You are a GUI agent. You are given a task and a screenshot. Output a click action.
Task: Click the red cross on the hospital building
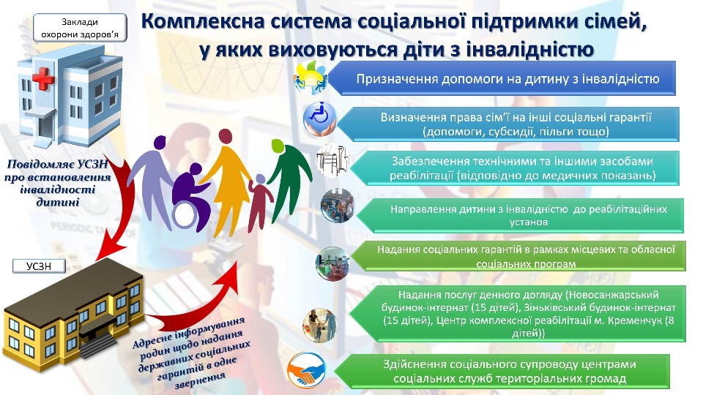(x=43, y=79)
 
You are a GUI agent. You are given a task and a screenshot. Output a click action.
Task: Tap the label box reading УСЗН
(x=39, y=266)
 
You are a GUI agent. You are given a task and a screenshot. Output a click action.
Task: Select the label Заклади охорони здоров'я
(x=80, y=28)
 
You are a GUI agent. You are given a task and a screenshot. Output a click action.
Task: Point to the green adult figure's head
(x=278, y=146)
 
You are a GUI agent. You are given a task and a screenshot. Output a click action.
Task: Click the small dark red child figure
(x=259, y=203)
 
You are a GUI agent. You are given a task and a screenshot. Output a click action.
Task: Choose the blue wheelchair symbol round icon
(x=320, y=118)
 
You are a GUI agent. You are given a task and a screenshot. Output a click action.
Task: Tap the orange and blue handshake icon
(x=306, y=370)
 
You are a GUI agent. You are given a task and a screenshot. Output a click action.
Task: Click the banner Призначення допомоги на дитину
(x=507, y=79)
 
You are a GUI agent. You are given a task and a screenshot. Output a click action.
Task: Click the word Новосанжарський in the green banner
(x=612, y=295)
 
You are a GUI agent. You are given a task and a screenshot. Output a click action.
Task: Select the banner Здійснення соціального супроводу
(x=510, y=372)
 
